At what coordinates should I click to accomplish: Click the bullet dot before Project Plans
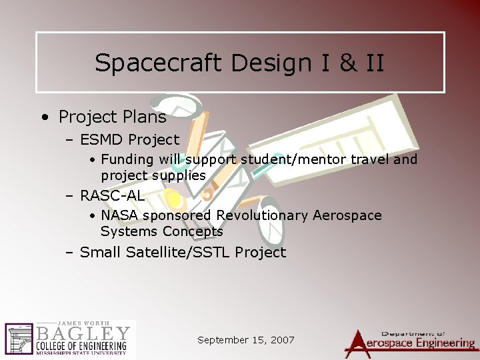click(44, 118)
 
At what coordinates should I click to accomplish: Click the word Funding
click(128, 160)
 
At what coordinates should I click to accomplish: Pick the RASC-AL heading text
click(112, 195)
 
